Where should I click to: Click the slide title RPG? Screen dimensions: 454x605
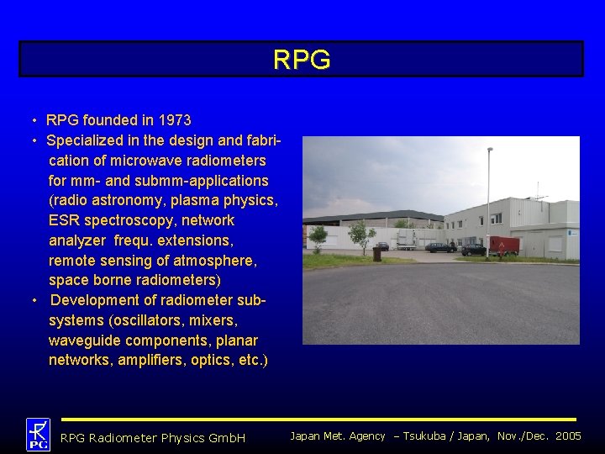[302, 60]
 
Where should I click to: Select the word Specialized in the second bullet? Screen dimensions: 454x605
[87, 140]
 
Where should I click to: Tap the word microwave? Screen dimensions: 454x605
[152, 161]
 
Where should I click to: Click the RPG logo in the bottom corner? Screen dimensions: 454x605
[38, 435]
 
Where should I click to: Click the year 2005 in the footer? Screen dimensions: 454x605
[567, 436]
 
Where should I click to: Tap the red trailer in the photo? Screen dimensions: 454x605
[504, 245]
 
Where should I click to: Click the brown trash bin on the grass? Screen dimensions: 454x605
[376, 253]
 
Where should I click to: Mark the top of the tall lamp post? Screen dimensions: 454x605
[490, 150]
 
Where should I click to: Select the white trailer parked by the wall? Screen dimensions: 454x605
[407, 242]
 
